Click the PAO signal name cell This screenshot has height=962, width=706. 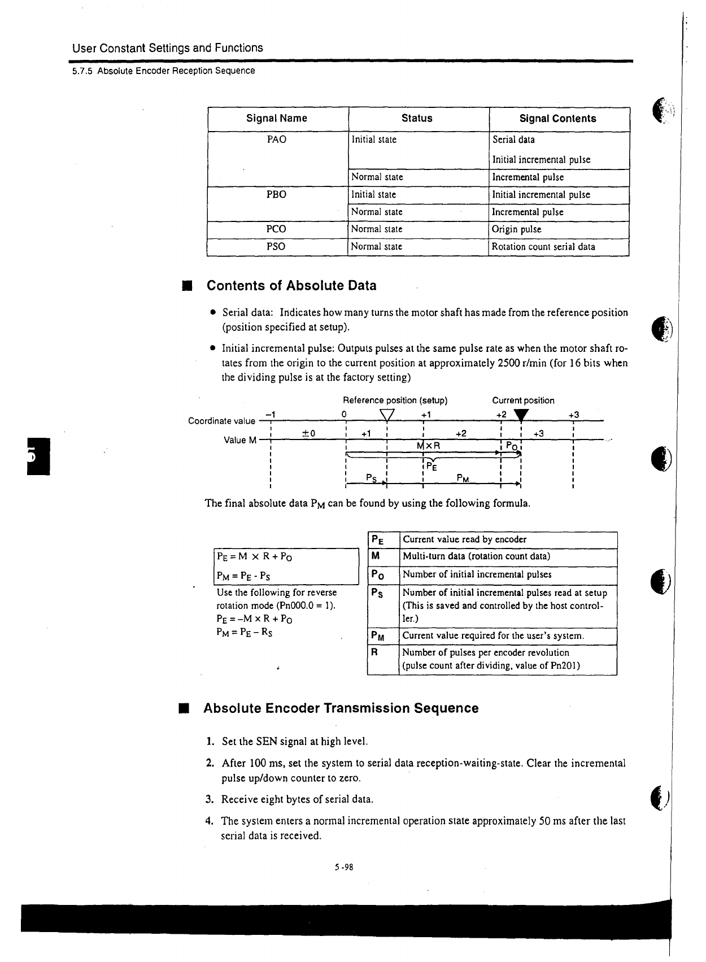276,140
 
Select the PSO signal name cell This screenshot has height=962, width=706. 276,247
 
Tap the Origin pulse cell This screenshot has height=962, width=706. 516,229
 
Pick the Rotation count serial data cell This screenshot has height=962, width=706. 543,247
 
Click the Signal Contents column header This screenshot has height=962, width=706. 557,119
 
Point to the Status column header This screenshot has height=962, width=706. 417,119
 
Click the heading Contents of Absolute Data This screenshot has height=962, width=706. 291,286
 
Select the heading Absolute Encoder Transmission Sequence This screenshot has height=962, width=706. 341,708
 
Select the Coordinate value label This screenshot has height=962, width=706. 221,421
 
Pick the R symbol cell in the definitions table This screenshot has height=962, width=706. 374,652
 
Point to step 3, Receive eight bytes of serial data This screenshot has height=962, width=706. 297,799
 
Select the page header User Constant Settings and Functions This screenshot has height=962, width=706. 167,48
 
